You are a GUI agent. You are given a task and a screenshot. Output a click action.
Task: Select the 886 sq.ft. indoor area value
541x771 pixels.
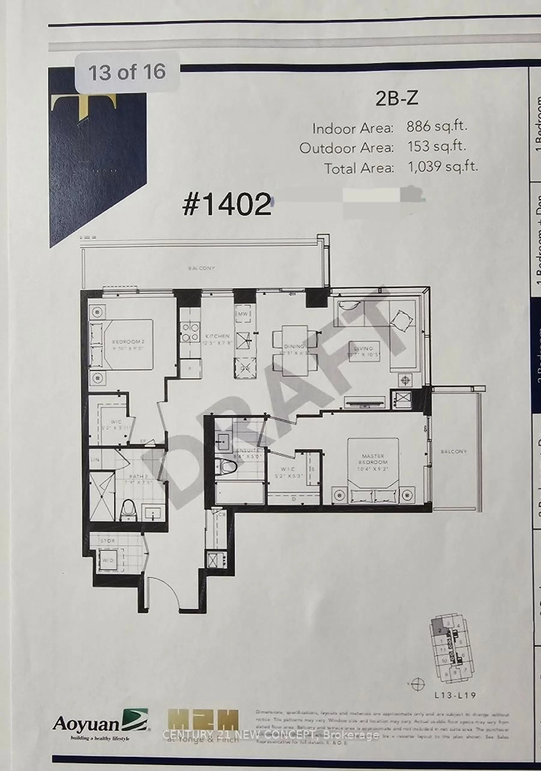[437, 127]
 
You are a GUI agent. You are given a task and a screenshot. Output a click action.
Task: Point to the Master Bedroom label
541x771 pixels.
[373, 459]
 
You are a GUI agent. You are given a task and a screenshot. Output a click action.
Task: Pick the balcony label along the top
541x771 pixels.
[201, 268]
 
